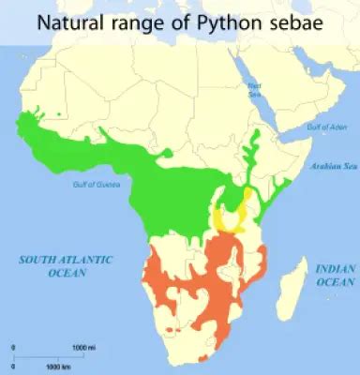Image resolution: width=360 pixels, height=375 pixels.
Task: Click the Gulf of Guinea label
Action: tap(94, 184)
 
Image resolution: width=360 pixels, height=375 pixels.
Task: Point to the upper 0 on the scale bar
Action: tap(13, 348)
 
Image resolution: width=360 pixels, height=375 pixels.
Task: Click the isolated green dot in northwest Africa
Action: tap(60, 115)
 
